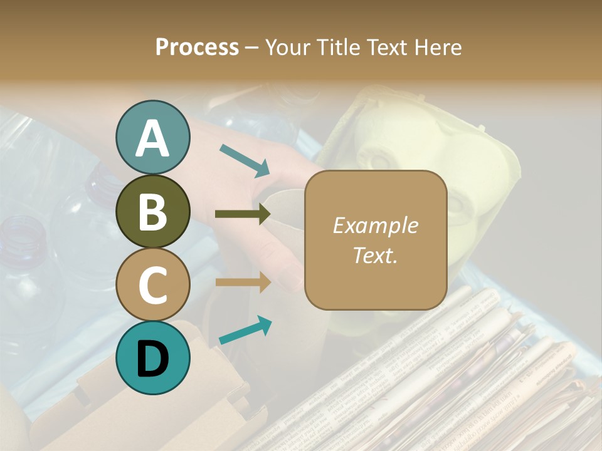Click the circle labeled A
click(x=152, y=137)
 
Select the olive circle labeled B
click(x=152, y=211)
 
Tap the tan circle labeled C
click(x=152, y=285)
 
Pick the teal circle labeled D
click(x=152, y=358)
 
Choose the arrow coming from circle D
click(x=245, y=330)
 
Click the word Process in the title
click(x=197, y=47)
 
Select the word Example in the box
click(x=375, y=225)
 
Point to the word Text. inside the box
click(x=375, y=255)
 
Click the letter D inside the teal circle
click(x=152, y=359)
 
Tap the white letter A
click(x=152, y=138)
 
